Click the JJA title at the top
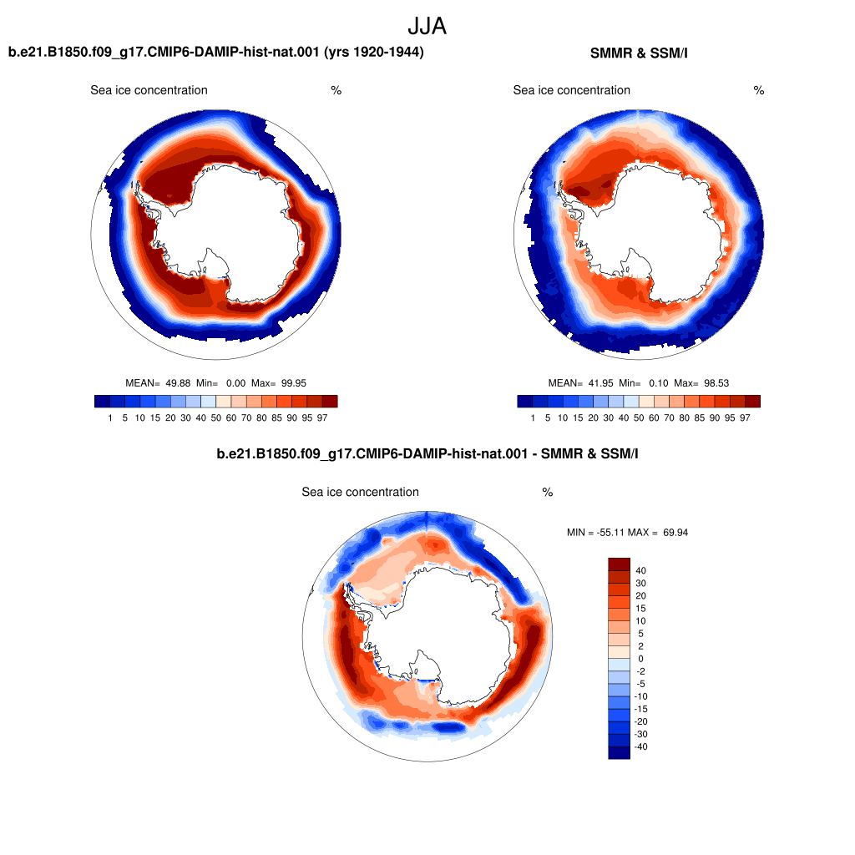[x=427, y=26]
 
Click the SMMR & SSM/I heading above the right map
[x=639, y=53]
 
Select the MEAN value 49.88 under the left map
[x=178, y=383]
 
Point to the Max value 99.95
[x=293, y=383]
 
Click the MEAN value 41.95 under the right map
[x=600, y=383]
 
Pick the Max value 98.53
[x=716, y=383]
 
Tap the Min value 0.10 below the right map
[x=658, y=383]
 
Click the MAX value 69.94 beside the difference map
[x=675, y=533]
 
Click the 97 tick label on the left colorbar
[x=322, y=417]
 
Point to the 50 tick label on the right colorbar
[x=639, y=417]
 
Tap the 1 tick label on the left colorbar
[x=110, y=417]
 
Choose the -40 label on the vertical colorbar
[x=641, y=747]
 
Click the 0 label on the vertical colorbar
[x=640, y=659]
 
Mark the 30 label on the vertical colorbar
[x=640, y=584]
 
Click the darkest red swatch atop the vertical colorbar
[x=619, y=564]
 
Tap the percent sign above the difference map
[x=548, y=493]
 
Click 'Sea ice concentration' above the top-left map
[x=149, y=90]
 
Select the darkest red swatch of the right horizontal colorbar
[x=752, y=402]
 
